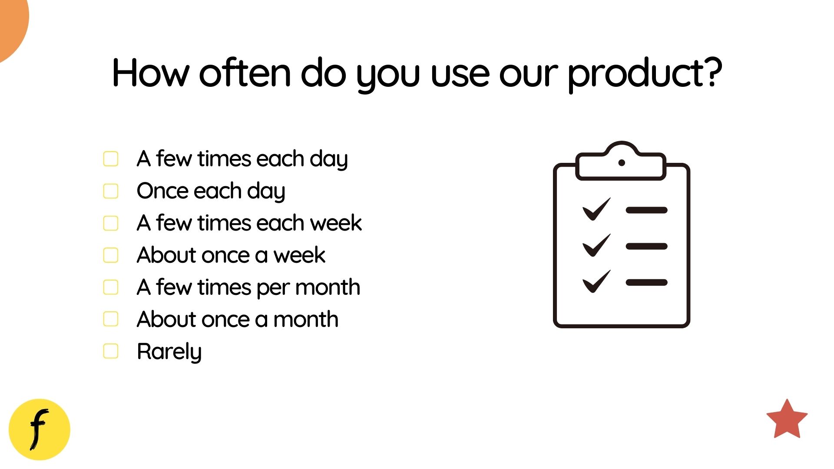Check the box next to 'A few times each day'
pos(111,159)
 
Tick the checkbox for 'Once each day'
pos(111,191)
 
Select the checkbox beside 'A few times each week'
pos(111,223)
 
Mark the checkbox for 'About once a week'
pos(111,255)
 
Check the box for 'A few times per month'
pos(111,287)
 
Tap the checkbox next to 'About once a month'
pos(111,319)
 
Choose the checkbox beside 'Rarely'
pos(111,351)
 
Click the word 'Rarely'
pos(169,351)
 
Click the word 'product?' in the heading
pos(645,73)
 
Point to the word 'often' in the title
pos(245,73)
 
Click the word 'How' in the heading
pos(150,73)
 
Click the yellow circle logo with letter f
pos(40,429)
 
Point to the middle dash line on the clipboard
pos(646,246)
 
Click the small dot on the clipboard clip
pos(622,163)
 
